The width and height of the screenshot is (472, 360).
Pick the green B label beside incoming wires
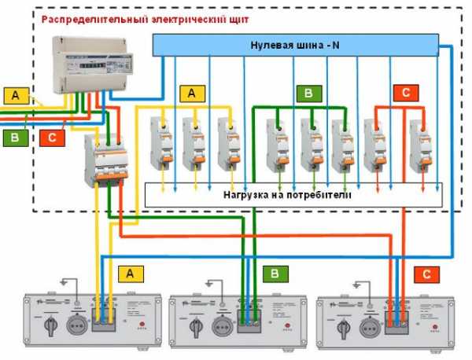tap(14, 138)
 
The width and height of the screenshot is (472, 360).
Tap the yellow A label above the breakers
tap(191, 94)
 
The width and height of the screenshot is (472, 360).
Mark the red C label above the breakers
tap(404, 94)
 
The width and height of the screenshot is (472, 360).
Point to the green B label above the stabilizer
tap(275, 274)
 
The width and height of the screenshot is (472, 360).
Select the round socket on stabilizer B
tap(225, 321)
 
